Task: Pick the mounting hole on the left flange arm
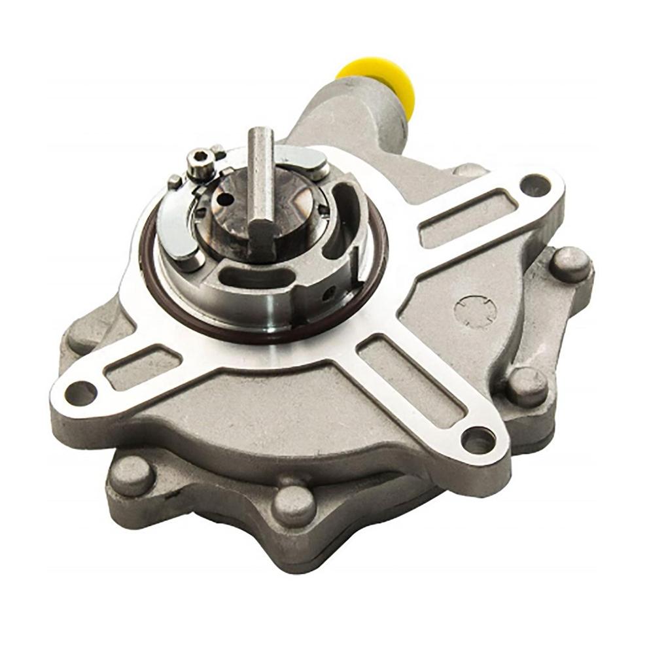pyautogui.click(x=80, y=392)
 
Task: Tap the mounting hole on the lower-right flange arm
pyautogui.click(x=478, y=439)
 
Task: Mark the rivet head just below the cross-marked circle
pyautogui.click(x=527, y=385)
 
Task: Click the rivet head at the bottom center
pyautogui.click(x=293, y=503)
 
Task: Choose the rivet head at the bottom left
pyautogui.click(x=131, y=473)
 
